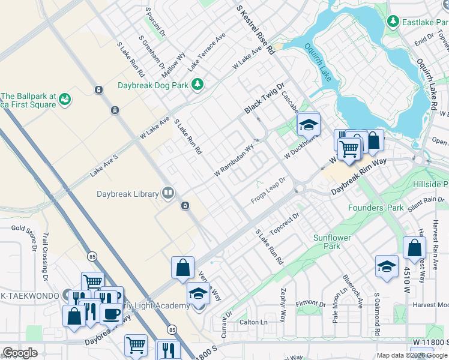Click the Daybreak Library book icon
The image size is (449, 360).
click(x=169, y=193)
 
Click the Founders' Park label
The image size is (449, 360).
click(x=376, y=208)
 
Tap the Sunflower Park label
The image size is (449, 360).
click(x=336, y=242)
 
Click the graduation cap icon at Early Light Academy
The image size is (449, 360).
click(x=197, y=294)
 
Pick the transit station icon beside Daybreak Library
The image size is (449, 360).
click(x=186, y=206)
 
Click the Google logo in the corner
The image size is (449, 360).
click(x=20, y=353)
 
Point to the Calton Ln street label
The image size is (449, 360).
click(x=253, y=322)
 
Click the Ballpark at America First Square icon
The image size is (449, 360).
click(x=65, y=98)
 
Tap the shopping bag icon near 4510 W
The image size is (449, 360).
click(x=414, y=247)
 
